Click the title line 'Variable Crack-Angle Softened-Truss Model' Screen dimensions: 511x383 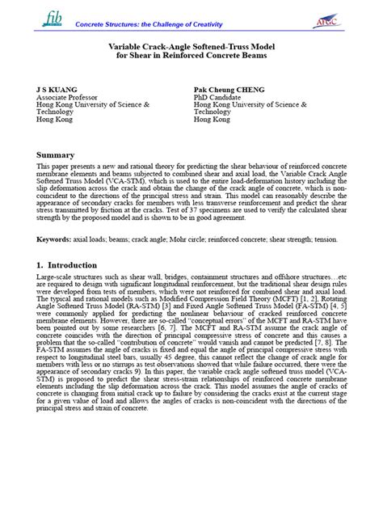(191, 48)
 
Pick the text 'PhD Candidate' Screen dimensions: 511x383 (218, 96)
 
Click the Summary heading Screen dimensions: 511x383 (55, 154)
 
